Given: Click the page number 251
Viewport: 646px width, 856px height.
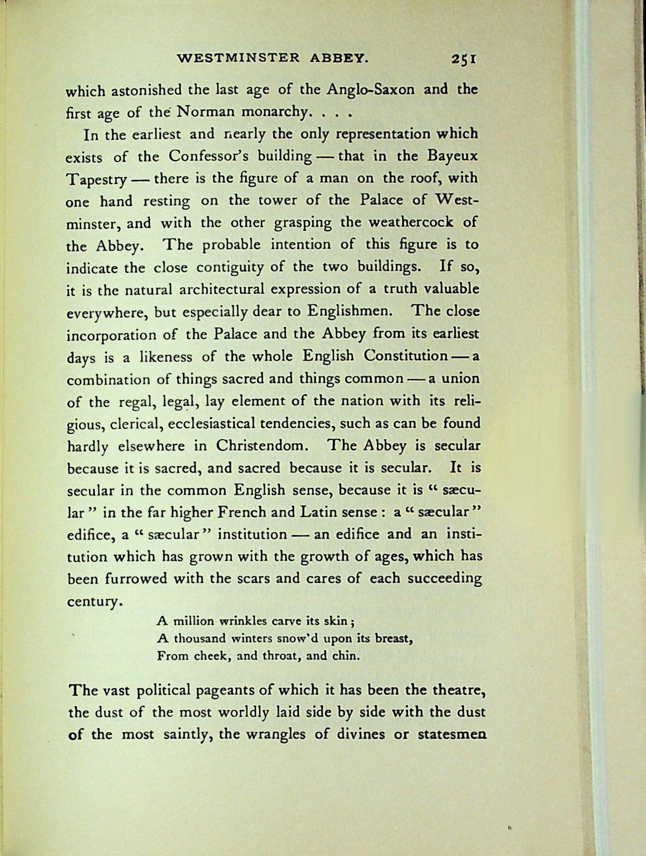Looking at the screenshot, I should [x=463, y=59].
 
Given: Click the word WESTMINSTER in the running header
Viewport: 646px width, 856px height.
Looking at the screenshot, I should [x=238, y=58].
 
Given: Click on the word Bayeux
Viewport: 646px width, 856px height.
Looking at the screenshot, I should [x=452, y=156].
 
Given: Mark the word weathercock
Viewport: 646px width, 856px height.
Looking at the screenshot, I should [x=411, y=222].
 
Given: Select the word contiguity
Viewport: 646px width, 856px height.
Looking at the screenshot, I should [x=230, y=267].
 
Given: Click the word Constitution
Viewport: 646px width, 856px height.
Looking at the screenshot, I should [x=405, y=356].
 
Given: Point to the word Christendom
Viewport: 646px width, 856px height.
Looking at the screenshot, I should [x=260, y=446].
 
